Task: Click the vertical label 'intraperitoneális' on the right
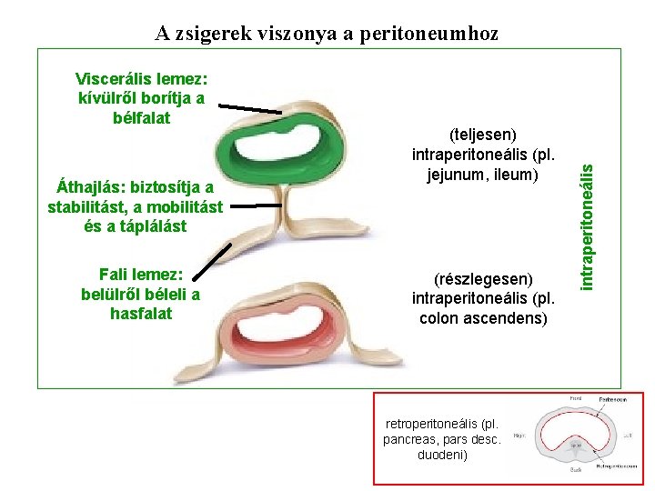(x=589, y=222)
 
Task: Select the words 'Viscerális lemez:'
(x=142, y=77)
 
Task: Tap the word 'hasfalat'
(x=140, y=314)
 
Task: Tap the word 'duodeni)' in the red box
(x=441, y=454)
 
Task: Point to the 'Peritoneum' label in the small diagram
(x=611, y=399)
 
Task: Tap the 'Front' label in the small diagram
(x=575, y=398)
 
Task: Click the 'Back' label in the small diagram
(x=575, y=470)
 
